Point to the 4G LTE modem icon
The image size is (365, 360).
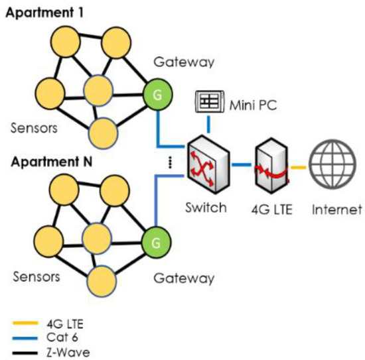tap(271, 163)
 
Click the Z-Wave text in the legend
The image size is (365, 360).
tap(70, 352)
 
